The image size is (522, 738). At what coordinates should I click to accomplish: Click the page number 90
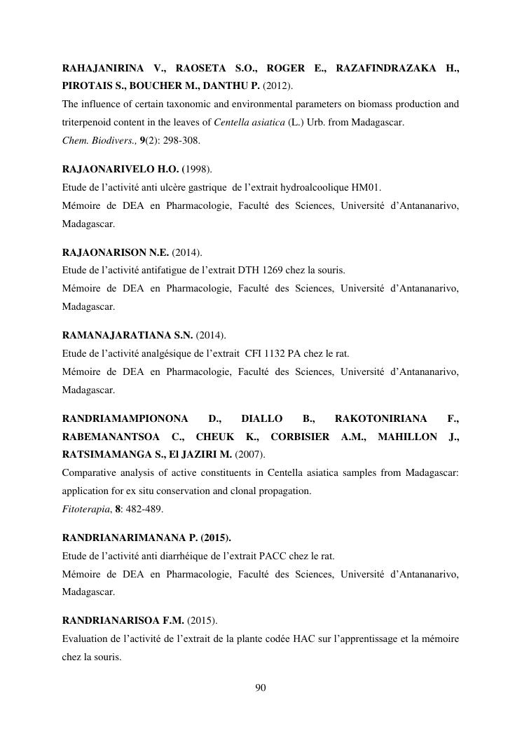click(261, 688)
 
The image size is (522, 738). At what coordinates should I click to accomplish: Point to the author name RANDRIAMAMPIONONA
click(125, 419)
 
